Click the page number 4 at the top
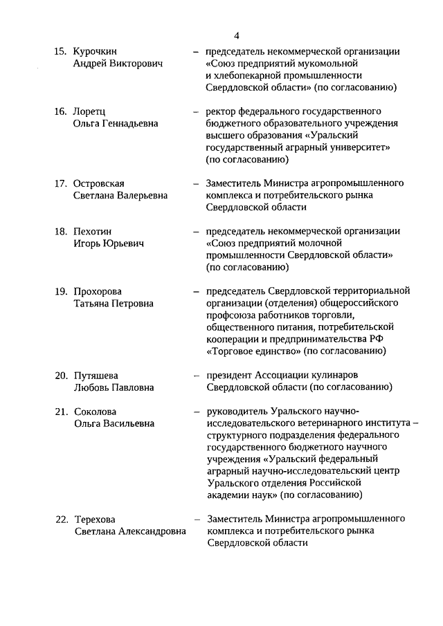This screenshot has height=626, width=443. tap(237, 35)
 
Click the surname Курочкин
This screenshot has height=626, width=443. tap(97, 51)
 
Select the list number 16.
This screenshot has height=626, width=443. tap(61, 111)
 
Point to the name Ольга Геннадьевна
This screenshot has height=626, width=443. tap(116, 123)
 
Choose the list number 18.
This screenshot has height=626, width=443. tap(61, 231)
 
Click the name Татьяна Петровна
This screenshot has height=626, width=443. tap(114, 304)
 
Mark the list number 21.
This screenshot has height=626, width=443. tap(61, 412)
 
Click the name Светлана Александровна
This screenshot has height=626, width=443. tap(129, 532)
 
